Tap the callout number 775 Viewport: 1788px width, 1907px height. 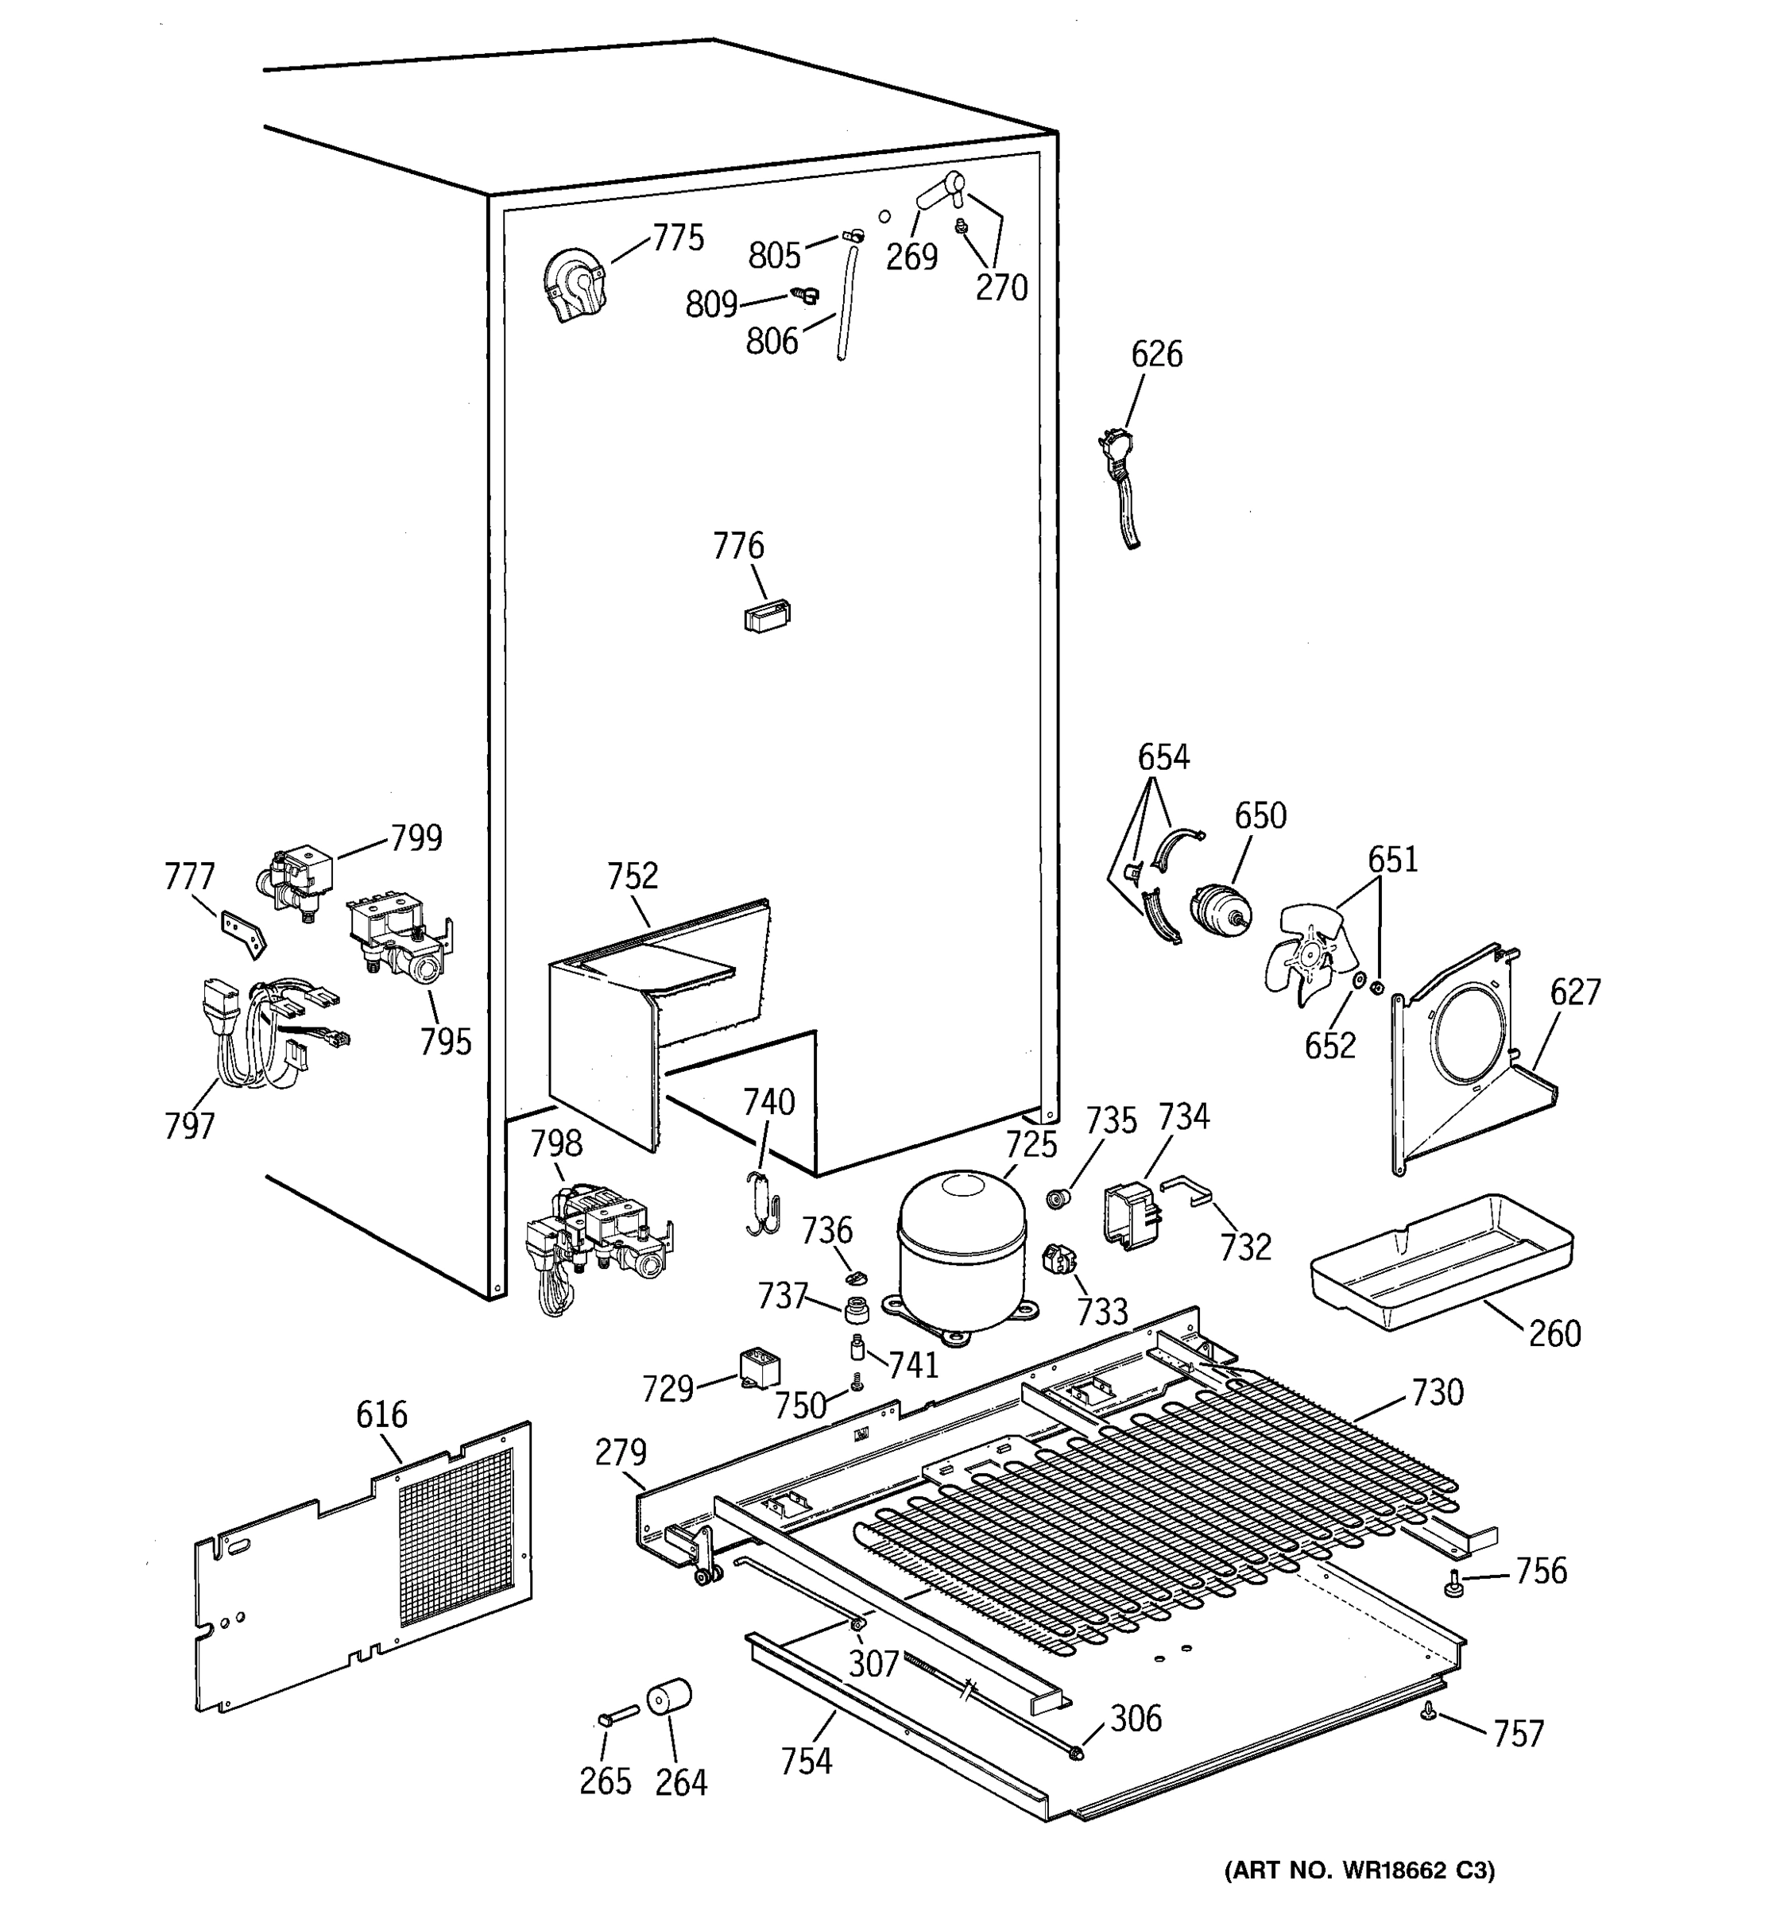[678, 238]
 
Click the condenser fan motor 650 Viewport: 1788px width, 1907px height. [1218, 909]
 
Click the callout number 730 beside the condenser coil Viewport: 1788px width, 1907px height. [1436, 1392]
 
